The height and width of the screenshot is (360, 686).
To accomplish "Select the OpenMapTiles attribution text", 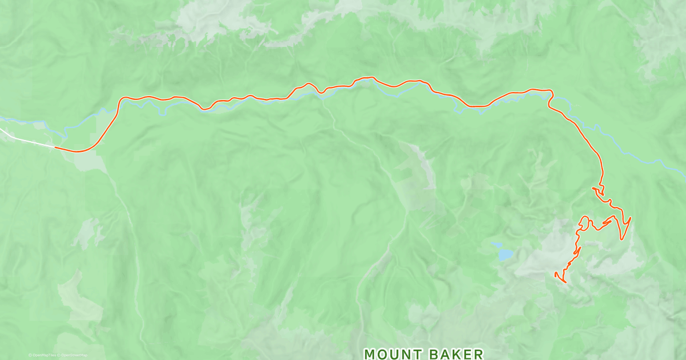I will point(45,355).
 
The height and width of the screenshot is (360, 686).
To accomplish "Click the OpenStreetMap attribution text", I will point(74,355).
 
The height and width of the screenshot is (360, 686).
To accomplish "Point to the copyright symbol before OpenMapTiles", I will point(30,355).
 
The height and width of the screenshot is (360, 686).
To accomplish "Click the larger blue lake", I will point(505,254).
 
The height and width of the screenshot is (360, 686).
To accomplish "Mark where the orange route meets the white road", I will point(55,147).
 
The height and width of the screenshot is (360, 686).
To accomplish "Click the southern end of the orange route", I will point(565,282).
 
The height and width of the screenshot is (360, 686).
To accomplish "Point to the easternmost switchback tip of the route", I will point(631,218).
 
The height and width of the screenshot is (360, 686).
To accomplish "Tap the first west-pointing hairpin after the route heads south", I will point(593,188).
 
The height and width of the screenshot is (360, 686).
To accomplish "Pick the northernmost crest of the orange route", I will point(372,77).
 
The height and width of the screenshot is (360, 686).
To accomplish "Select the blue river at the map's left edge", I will point(5,119).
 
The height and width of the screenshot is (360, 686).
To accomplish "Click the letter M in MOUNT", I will point(369,354).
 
